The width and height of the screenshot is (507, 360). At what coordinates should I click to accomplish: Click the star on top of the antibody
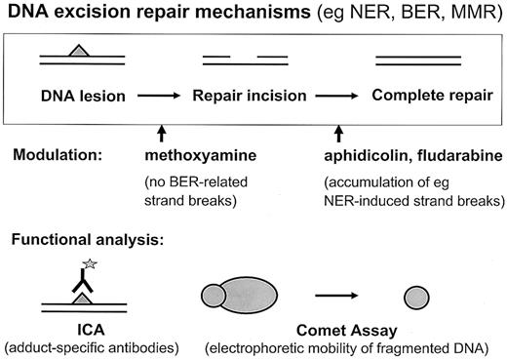pyautogui.click(x=97, y=263)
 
